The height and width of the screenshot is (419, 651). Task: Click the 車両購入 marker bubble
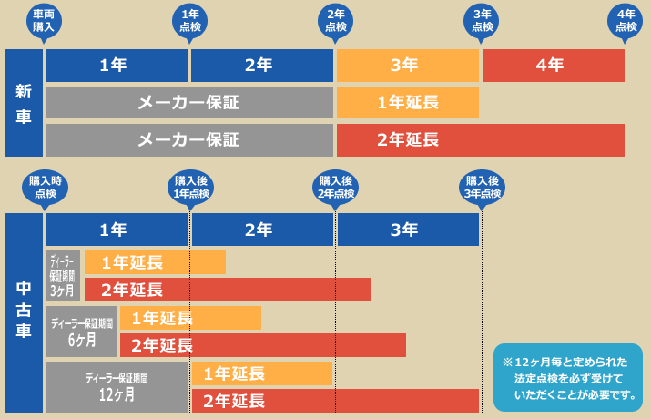44,21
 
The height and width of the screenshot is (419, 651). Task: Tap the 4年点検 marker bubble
626,21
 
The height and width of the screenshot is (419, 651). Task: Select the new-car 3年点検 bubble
482,21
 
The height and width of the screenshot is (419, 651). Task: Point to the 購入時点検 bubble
45,188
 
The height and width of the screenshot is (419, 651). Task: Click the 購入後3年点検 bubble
482,188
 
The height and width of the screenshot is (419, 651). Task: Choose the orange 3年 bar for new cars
407,66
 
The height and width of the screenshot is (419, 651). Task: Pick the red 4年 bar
553,66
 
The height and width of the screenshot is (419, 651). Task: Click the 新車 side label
24,103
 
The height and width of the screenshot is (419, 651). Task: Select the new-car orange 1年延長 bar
407,103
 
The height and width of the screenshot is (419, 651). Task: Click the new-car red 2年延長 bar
480,140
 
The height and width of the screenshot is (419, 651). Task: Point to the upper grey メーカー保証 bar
188,103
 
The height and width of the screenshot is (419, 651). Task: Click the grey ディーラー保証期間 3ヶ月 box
63,276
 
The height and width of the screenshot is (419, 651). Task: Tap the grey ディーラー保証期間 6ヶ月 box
82,332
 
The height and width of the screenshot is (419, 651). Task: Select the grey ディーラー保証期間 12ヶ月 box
117,387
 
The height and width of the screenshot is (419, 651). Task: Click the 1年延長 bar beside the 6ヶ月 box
190,318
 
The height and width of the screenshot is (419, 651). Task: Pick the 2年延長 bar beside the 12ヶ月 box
335,401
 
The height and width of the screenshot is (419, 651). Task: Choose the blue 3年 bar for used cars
407,230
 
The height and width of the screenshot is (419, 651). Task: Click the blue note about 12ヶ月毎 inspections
567,377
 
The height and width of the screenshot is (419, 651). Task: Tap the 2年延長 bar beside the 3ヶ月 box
228,290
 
